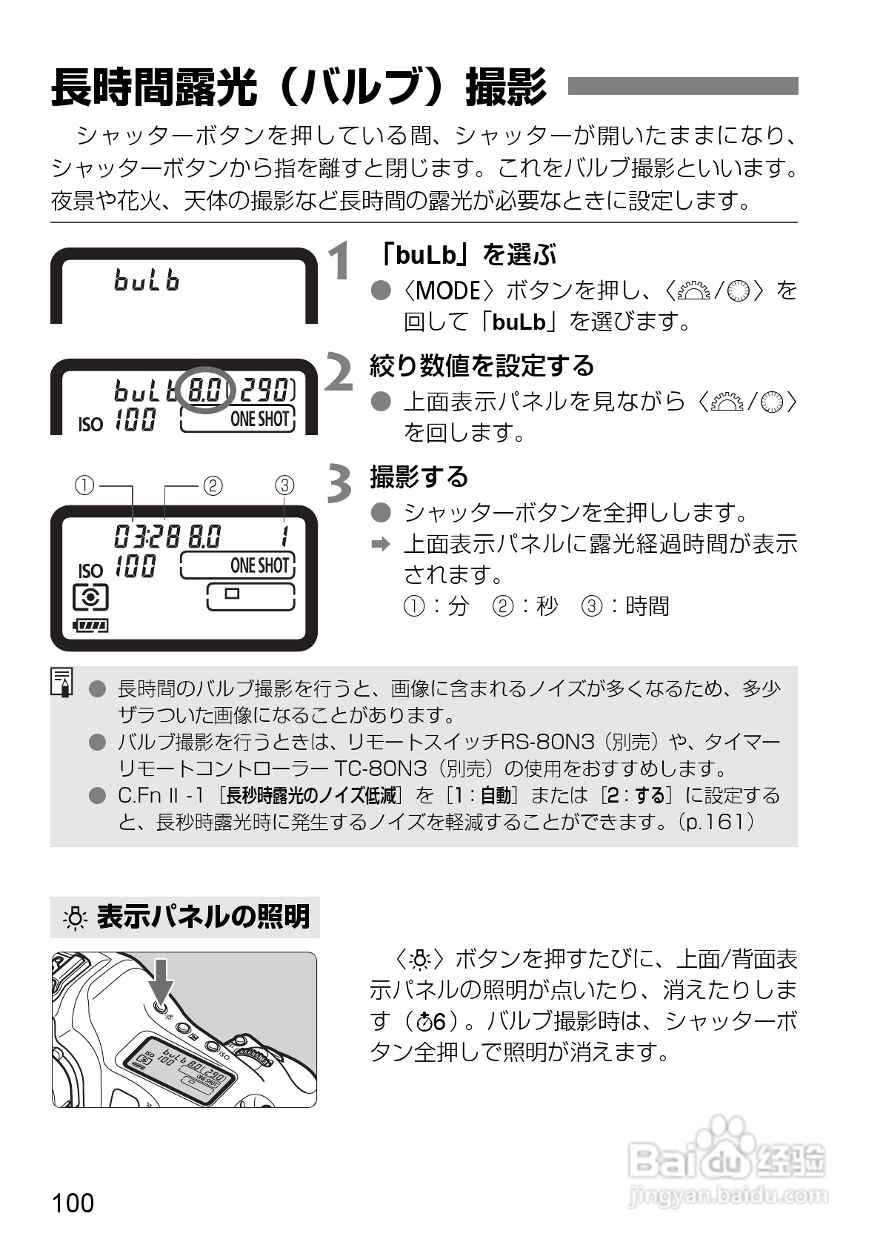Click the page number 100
[73, 1202]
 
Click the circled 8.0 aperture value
[204, 389]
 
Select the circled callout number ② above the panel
[212, 485]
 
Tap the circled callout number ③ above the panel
[284, 485]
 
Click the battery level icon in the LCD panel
[90, 626]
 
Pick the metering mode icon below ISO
[90, 597]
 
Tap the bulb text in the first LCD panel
[147, 280]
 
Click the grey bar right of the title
[682, 86]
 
